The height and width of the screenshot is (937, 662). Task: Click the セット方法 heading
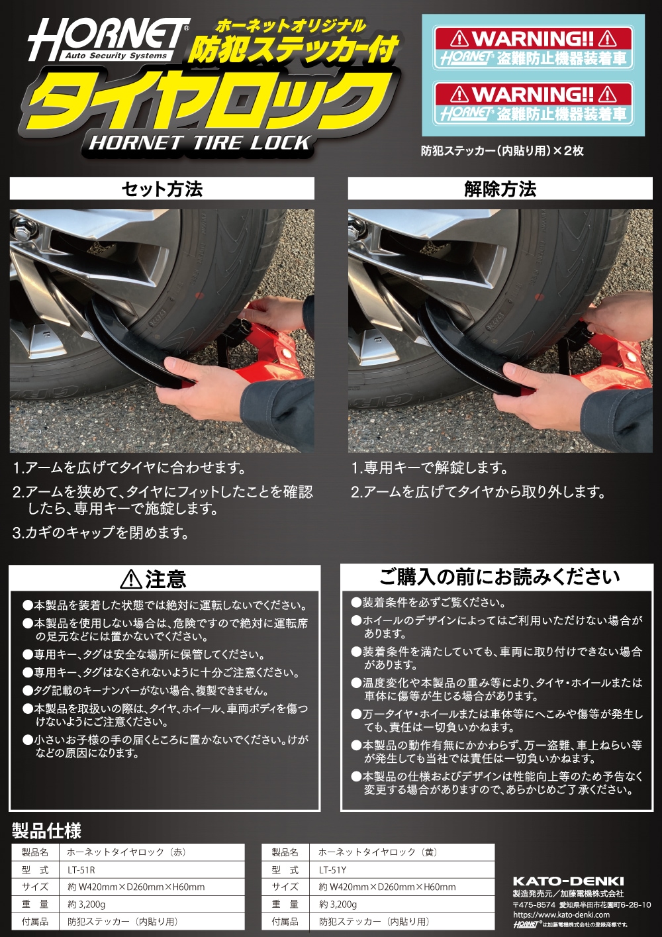162,189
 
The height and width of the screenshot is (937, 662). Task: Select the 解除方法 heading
500,189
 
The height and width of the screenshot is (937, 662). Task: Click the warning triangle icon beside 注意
131,580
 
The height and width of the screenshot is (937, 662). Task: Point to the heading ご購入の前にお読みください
500,577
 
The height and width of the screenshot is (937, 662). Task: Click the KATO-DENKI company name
568,881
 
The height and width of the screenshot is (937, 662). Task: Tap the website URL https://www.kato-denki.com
561,914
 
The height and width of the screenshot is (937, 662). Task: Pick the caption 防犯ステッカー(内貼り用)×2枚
502,151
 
